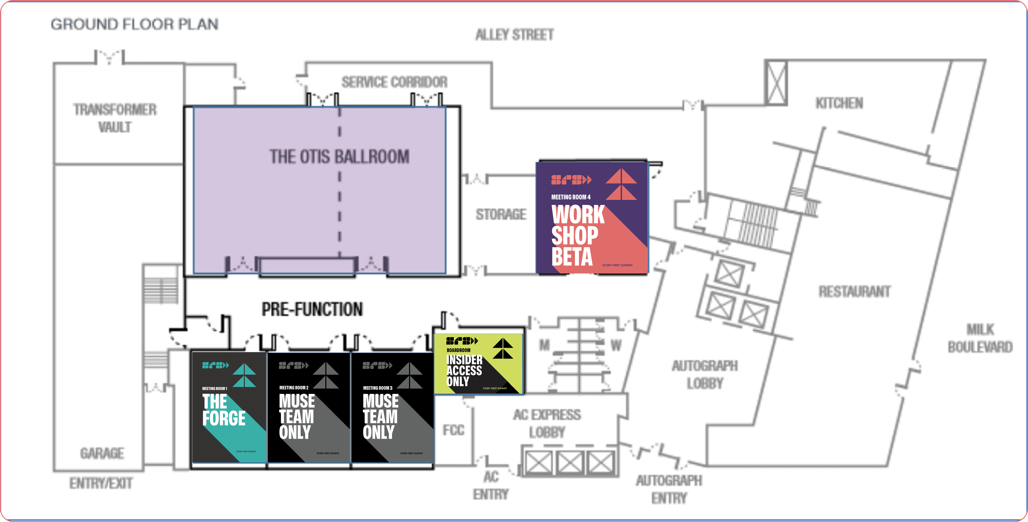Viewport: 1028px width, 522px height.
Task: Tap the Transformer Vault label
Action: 115,118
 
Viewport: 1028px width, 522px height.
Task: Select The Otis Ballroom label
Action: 339,156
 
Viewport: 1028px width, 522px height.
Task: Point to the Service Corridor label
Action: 394,82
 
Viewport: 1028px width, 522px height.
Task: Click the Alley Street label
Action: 514,35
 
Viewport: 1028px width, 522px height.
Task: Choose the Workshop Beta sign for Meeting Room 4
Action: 592,218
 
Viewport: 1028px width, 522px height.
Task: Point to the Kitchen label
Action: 839,103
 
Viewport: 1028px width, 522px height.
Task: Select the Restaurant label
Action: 854,291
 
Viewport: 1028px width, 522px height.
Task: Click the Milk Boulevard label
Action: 980,338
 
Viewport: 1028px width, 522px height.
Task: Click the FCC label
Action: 453,430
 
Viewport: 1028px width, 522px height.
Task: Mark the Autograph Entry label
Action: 669,489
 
